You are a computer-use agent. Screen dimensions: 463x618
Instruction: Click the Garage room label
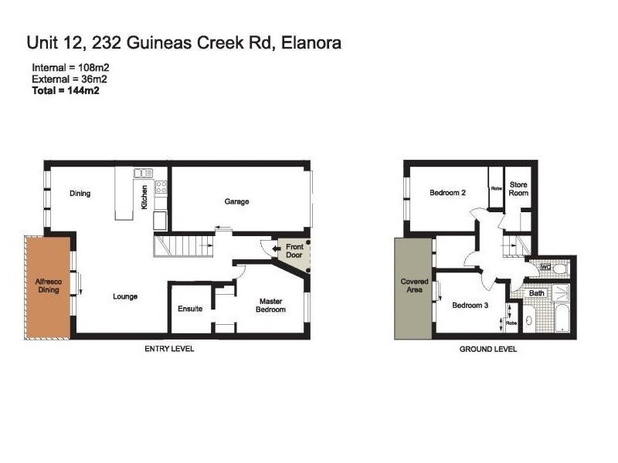[x=236, y=201]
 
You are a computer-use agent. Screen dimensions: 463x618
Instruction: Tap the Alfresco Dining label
[x=48, y=287]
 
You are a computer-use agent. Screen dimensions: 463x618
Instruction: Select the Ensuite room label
[x=190, y=309]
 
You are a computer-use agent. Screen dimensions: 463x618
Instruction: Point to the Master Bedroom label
[x=272, y=306]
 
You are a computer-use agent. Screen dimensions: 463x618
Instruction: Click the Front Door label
[x=294, y=252]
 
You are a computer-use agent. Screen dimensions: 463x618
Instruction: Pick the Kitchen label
[x=144, y=196]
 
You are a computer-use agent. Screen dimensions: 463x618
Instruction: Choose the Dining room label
[x=80, y=193]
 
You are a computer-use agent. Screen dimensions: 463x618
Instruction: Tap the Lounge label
[x=125, y=296]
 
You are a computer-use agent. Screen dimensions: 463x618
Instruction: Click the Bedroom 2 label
[x=447, y=193]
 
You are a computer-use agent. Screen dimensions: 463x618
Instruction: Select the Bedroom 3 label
[x=470, y=306]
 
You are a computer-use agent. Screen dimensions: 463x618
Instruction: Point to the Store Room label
[x=518, y=189]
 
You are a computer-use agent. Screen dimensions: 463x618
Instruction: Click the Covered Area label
[x=414, y=286]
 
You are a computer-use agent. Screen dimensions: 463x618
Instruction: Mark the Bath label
[x=537, y=293]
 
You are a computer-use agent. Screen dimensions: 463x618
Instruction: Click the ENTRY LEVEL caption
[x=169, y=349]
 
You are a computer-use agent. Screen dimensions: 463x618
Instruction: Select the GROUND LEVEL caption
[x=487, y=349]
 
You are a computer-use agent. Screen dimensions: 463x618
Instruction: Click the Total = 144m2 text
[x=66, y=90]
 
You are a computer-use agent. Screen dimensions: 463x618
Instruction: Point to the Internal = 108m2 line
[x=70, y=68]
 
